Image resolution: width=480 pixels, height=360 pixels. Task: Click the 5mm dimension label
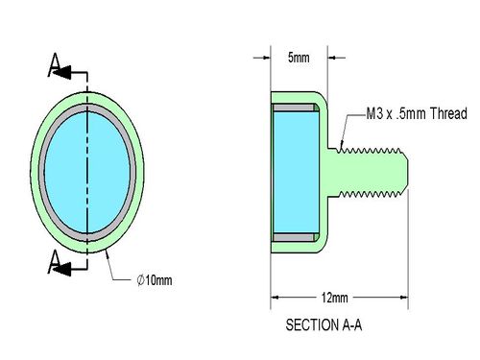point(299,58)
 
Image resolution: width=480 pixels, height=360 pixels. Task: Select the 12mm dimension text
point(334,298)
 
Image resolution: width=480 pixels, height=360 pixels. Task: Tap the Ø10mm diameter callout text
point(155,280)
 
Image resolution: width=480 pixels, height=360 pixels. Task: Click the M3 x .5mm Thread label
point(417,113)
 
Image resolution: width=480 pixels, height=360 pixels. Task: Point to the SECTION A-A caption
point(324,325)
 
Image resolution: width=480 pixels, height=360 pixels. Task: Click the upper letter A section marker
point(55,65)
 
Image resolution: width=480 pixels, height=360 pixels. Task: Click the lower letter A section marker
point(54,262)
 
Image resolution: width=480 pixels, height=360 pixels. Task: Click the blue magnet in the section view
point(297,172)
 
